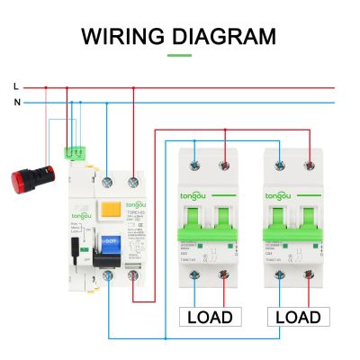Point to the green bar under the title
coord(180,55)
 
